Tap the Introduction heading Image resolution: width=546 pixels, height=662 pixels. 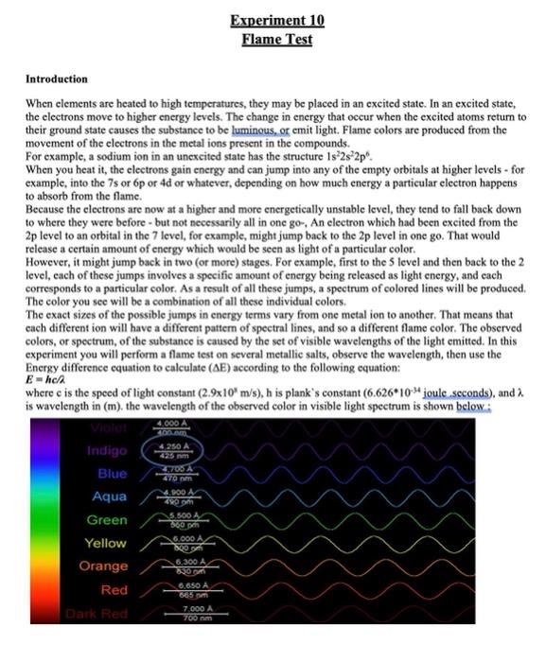click(56, 78)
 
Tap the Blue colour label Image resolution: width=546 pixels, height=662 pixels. click(112, 473)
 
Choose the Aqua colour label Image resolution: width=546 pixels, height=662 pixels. click(109, 496)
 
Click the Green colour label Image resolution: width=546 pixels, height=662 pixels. click(106, 520)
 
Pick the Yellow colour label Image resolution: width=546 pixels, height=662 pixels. click(105, 543)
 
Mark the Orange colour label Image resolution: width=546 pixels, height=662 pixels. click(103, 566)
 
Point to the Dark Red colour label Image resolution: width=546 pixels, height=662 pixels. click(98, 613)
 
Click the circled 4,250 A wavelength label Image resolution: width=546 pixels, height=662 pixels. click(178, 448)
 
